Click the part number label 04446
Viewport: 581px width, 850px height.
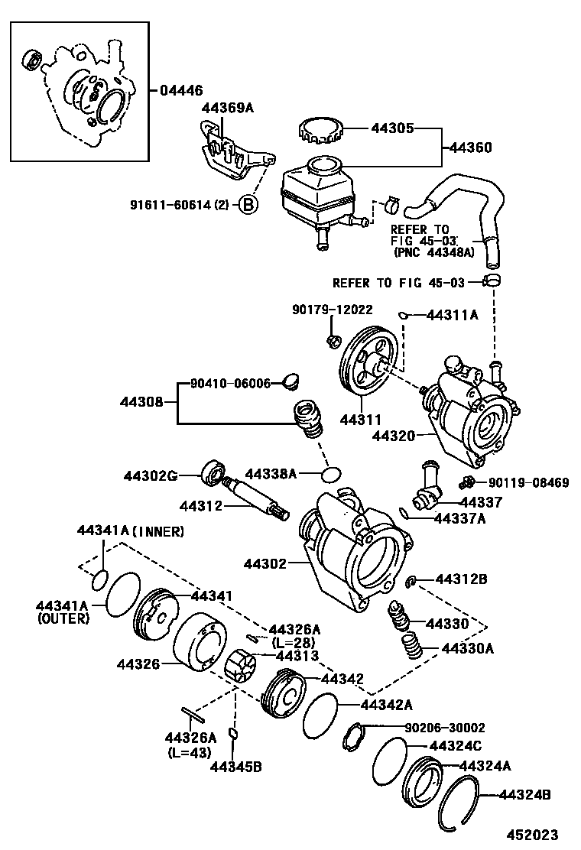pos(182,90)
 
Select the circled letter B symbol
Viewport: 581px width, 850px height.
pos(248,204)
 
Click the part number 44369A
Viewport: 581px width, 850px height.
pos(227,108)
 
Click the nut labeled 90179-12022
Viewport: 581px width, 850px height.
pos(333,339)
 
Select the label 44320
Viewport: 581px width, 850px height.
pos(394,436)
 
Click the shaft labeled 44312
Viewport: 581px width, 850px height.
pos(256,498)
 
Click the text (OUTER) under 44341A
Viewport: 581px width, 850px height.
pos(63,619)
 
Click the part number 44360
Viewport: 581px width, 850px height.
pos(470,148)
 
